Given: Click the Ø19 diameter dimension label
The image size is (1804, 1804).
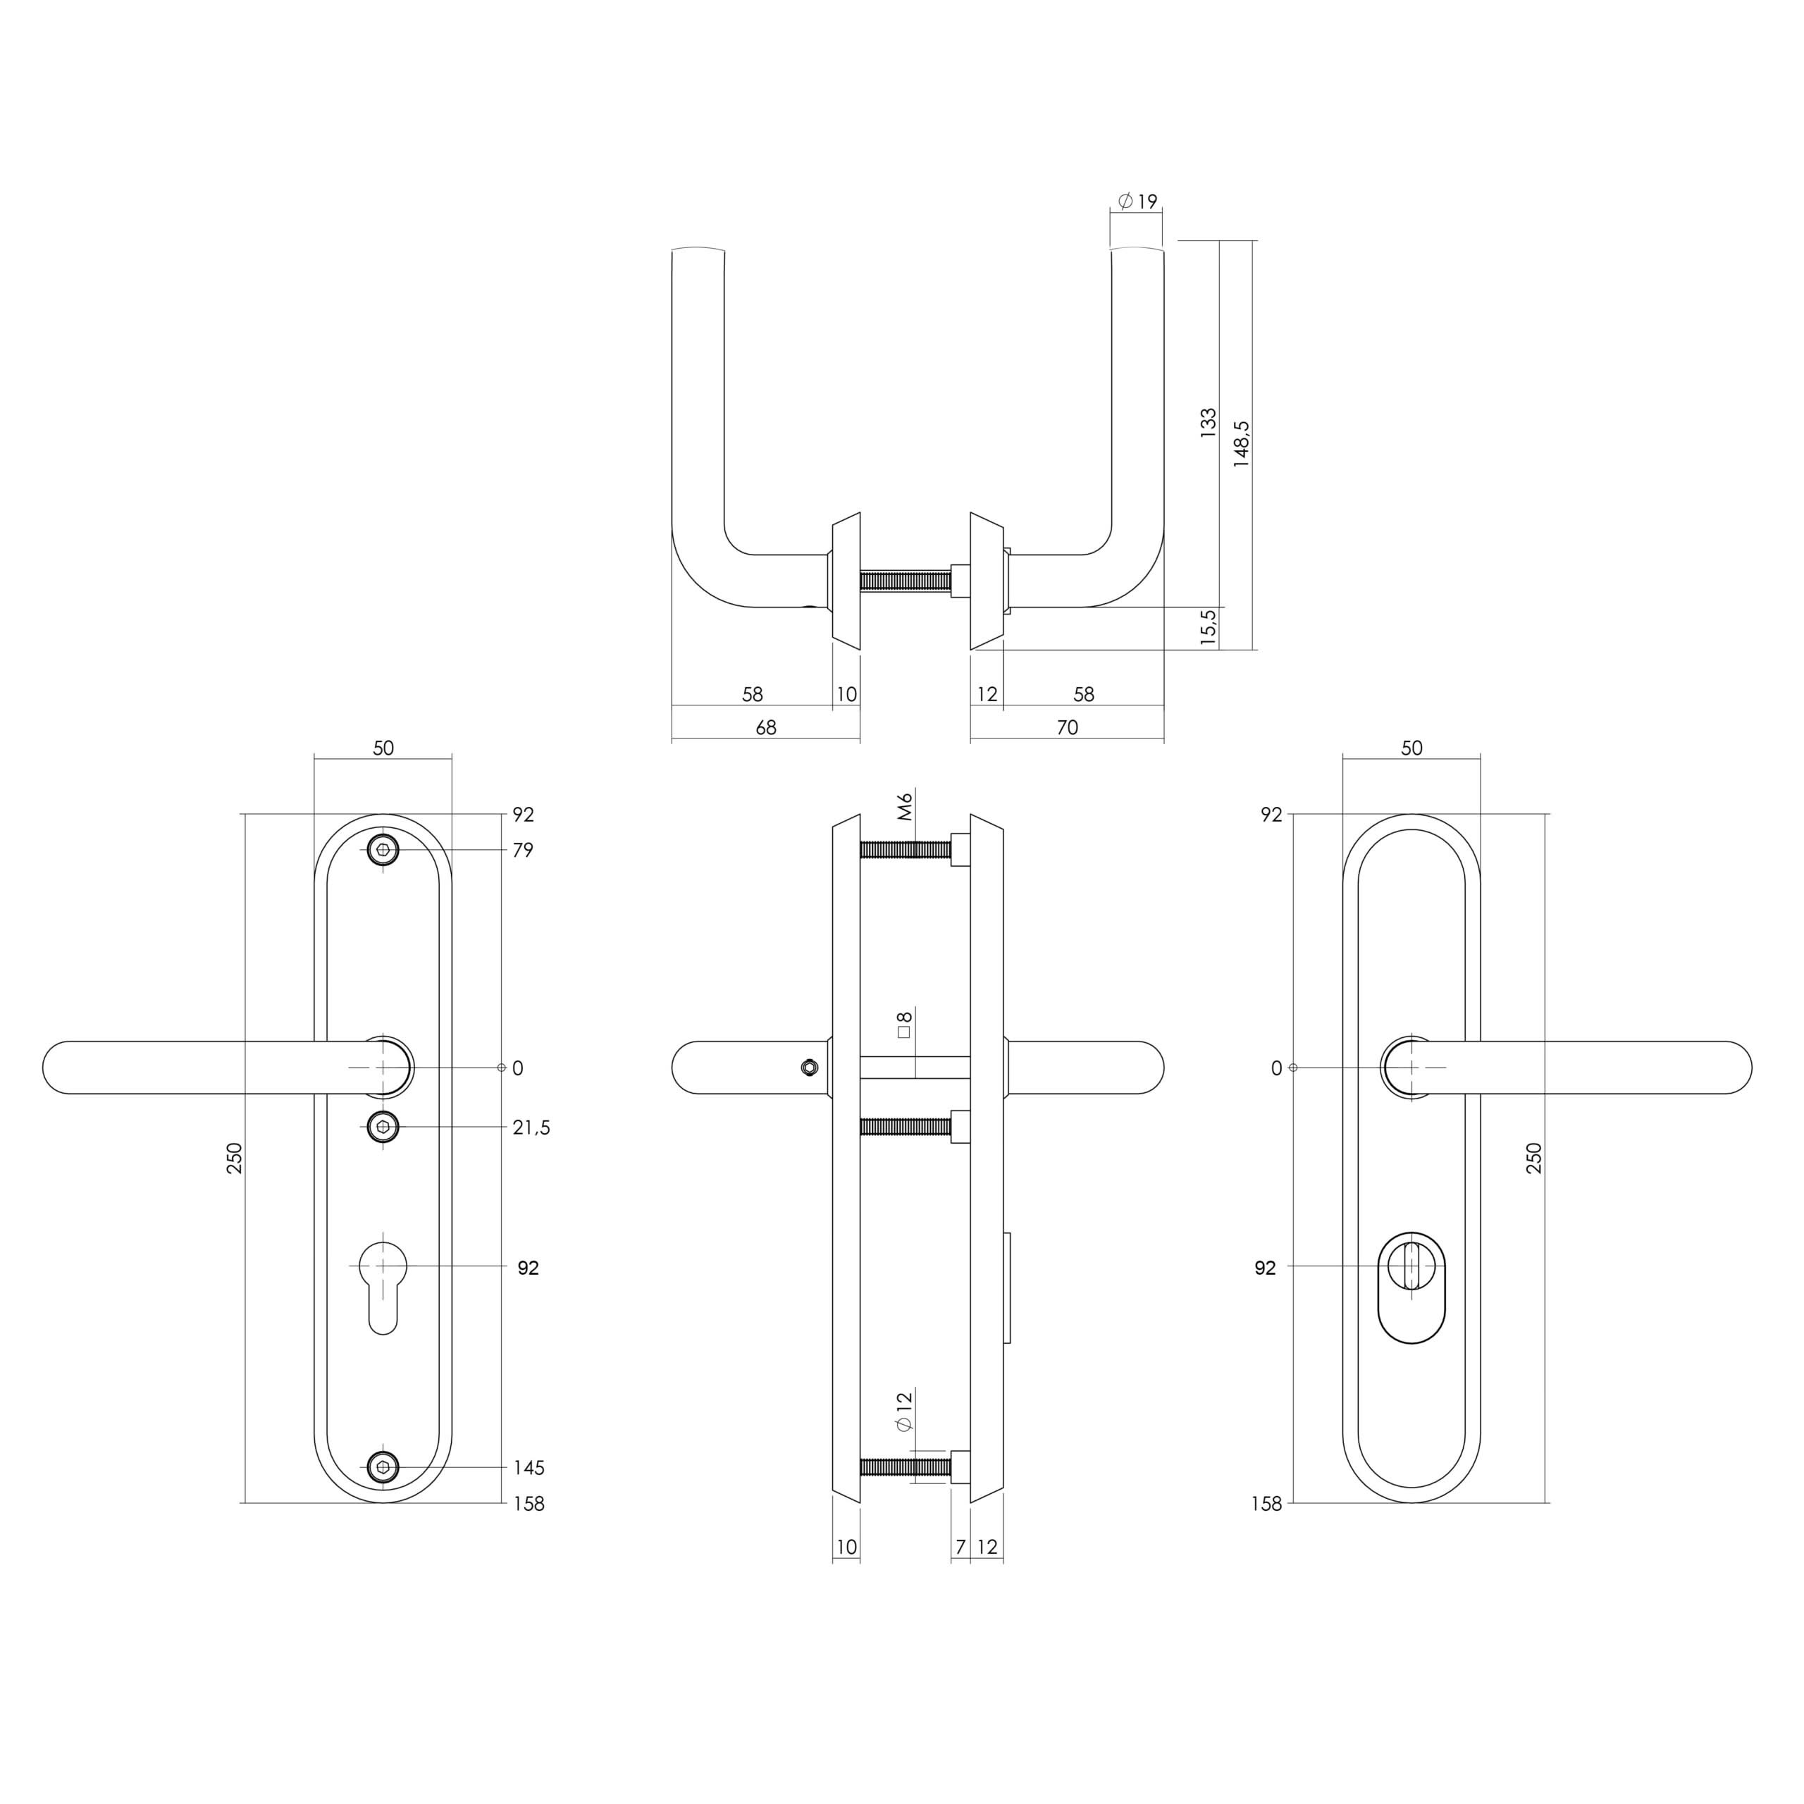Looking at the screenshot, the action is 1137,201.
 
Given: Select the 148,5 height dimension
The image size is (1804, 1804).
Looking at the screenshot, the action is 1241,443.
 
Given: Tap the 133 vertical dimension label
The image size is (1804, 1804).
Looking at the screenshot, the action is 1209,423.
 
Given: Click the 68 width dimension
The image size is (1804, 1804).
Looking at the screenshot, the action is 766,727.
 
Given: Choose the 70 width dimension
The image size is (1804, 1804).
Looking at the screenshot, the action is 1068,727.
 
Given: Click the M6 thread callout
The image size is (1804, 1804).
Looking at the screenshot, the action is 904,806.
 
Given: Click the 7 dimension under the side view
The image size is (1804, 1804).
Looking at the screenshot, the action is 960,1547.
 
